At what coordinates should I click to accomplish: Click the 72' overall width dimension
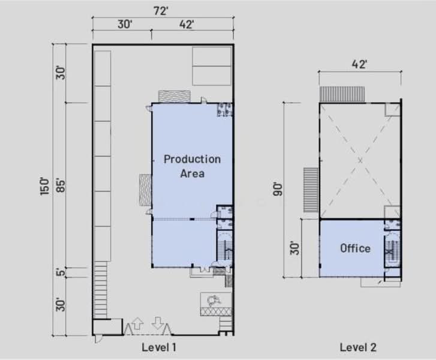tap(161, 11)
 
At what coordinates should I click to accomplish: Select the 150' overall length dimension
tap(44, 187)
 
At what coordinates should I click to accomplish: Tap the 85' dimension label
tap(61, 185)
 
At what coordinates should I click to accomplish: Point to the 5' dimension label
tap(61, 272)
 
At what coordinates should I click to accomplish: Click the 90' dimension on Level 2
tap(278, 189)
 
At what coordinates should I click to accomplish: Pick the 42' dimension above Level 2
tap(359, 64)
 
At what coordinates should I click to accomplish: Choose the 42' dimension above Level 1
tap(187, 25)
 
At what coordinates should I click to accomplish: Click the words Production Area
tap(192, 166)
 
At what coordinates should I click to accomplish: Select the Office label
tap(356, 248)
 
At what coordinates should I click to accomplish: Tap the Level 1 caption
tap(159, 347)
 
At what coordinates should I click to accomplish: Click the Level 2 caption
tap(358, 347)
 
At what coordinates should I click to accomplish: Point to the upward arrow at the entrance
tap(137, 323)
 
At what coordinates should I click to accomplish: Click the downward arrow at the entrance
tap(158, 323)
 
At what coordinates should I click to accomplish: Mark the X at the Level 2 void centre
tap(360, 161)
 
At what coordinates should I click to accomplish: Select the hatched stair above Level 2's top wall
tap(342, 94)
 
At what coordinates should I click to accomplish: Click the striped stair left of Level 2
tap(311, 190)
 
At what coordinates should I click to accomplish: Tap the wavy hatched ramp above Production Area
tap(175, 97)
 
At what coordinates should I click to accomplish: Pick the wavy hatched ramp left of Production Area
tap(145, 190)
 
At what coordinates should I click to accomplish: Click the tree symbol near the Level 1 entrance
tap(214, 301)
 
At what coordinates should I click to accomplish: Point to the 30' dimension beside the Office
tap(294, 248)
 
